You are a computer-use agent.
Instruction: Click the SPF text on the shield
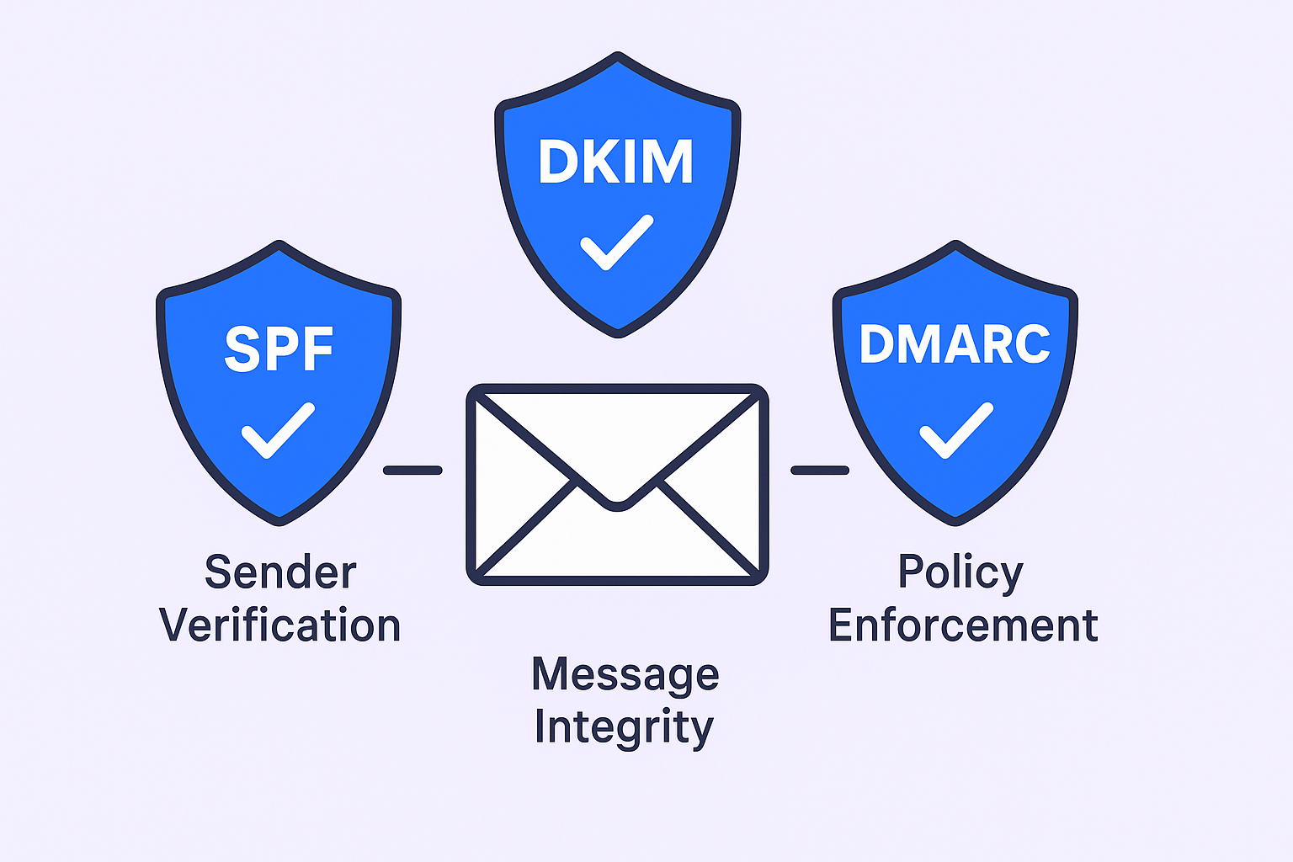tap(279, 349)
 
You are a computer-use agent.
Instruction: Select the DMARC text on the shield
tap(955, 343)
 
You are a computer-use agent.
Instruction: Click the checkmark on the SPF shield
tap(278, 430)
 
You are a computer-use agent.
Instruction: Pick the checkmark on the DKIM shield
tap(617, 242)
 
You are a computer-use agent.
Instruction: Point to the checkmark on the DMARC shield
tap(956, 430)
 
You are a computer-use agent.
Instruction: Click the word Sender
tap(280, 573)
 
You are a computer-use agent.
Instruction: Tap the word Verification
tap(280, 626)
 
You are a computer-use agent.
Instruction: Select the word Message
tap(625, 675)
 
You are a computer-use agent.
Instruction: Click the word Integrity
tap(624, 727)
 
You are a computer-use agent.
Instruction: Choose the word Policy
tap(960, 573)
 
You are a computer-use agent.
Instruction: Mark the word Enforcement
tap(963, 626)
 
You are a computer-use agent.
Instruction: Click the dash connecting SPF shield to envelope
tap(412, 471)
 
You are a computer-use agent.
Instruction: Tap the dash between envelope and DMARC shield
tap(820, 471)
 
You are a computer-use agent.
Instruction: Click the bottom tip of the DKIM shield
tap(618, 333)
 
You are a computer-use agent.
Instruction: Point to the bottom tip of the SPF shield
tap(279, 521)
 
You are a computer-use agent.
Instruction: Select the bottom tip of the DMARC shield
tap(955, 521)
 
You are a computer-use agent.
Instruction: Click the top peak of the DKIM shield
tap(618, 57)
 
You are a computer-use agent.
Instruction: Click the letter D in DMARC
tap(875, 343)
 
